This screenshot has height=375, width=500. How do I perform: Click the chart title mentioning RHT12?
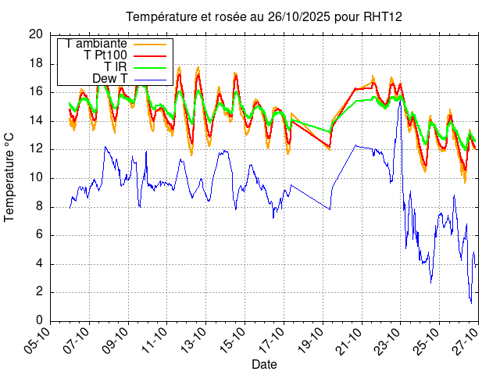[x=258, y=17]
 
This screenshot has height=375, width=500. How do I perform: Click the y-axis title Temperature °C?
[x=10, y=177]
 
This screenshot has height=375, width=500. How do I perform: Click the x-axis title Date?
[x=264, y=364]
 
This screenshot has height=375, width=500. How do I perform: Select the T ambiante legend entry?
[x=97, y=43]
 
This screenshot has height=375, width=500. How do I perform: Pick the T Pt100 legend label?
[x=105, y=55]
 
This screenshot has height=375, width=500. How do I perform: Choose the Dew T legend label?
[x=109, y=78]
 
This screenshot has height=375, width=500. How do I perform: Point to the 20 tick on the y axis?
[x=36, y=34]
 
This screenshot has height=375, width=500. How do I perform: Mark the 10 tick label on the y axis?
[x=36, y=177]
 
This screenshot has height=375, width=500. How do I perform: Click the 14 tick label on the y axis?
[x=36, y=120]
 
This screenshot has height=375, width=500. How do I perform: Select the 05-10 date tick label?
[x=39, y=341]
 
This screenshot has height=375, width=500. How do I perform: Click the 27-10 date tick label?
[x=467, y=341]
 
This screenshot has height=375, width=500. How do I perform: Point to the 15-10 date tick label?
[x=234, y=341]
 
